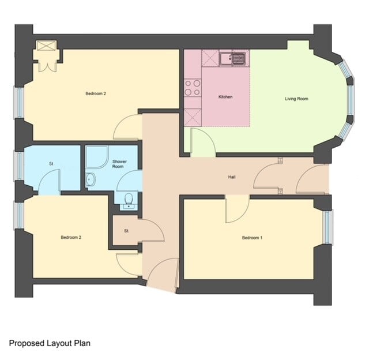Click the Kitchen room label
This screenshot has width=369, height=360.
point(225,96)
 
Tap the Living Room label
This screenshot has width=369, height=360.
point(296,99)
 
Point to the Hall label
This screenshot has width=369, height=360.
point(232,177)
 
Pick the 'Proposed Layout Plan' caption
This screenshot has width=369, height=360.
point(50,343)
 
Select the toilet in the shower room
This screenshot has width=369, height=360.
point(129,200)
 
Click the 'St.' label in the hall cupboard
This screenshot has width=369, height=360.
point(126,231)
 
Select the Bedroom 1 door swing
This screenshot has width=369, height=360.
point(236,209)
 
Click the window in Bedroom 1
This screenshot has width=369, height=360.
point(328,226)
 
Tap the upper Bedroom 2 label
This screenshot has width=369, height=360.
point(96,93)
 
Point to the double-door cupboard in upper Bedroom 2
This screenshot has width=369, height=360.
point(46,57)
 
